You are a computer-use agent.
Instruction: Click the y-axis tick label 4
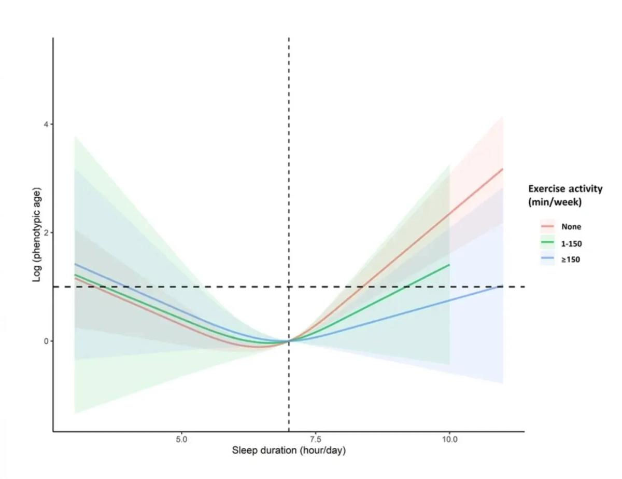coord(45,125)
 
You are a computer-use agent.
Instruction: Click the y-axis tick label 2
coord(45,232)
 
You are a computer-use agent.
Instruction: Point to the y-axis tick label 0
coord(45,341)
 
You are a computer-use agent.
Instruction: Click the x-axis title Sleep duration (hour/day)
coord(289,450)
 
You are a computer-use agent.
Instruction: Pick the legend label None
coord(571,227)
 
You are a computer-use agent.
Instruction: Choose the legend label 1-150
coord(572,243)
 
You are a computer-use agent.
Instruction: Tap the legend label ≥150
coord(571,259)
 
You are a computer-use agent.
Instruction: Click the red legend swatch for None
coord(548,227)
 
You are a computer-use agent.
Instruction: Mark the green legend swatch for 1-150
coord(548,243)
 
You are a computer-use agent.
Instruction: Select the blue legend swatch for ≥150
coord(548,259)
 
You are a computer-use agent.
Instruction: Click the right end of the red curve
coord(503,169)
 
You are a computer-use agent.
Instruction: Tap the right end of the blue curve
coord(503,286)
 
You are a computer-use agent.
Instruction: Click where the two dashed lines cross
coord(289,286)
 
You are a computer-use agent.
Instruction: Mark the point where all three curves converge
coord(289,341)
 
